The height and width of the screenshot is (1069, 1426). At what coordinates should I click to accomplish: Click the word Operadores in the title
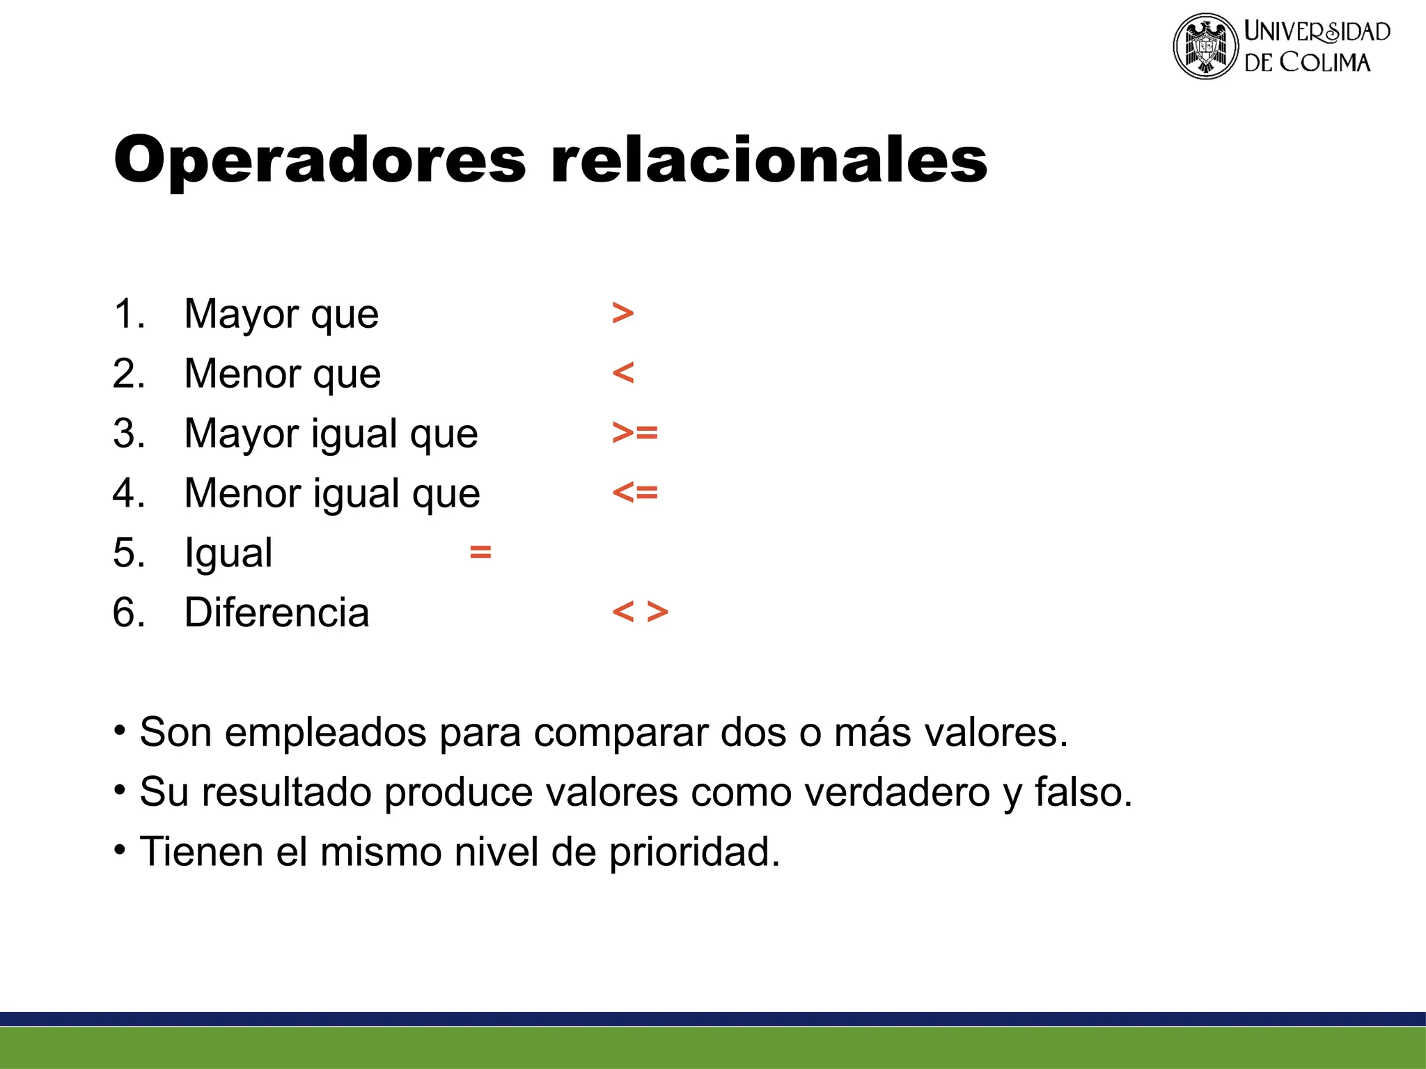pos(320,161)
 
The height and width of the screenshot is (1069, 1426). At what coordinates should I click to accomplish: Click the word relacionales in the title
pos(769,159)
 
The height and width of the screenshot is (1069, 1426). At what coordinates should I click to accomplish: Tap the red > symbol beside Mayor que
pos(623,313)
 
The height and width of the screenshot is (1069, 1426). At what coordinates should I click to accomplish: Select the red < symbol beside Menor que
pos(623,373)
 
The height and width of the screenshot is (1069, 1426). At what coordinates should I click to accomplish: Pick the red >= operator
pos(635,433)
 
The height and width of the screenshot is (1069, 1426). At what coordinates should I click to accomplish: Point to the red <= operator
pos(635,493)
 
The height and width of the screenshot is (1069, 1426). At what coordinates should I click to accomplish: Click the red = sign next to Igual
pos(480,553)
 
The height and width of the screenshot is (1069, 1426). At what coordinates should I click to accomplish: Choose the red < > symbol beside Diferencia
pos(640,612)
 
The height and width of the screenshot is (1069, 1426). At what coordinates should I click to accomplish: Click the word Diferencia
pos(276,612)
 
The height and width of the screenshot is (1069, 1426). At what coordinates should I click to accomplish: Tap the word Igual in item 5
pos(228,554)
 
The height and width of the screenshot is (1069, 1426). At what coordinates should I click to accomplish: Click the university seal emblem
pos(1205,46)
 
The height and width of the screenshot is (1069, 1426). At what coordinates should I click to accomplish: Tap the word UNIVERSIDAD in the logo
pos(1317,31)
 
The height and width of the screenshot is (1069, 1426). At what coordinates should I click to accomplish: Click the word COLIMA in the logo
pos(1325,63)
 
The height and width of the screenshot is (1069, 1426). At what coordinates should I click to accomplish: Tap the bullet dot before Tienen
pos(120,850)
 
